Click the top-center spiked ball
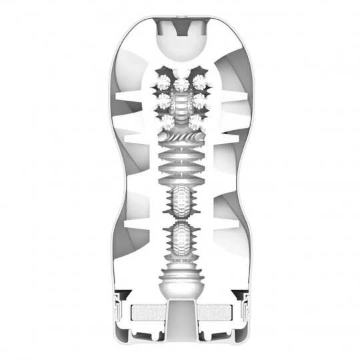pos(180,83)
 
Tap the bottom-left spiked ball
pos(165,121)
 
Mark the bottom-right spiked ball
pos(195,121)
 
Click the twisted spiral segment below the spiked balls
pos(180,138)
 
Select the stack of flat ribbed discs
pos(180,167)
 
